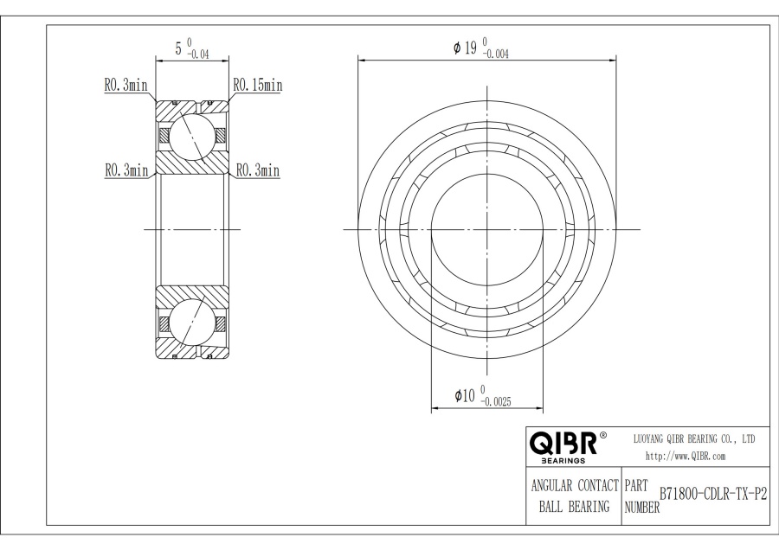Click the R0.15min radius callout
coord(257,85)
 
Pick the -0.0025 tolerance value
coord(500,401)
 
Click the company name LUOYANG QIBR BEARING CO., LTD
coord(694,439)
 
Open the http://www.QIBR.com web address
coord(686,456)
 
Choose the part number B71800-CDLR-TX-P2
coord(713,493)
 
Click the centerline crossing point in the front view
coord(487,229)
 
